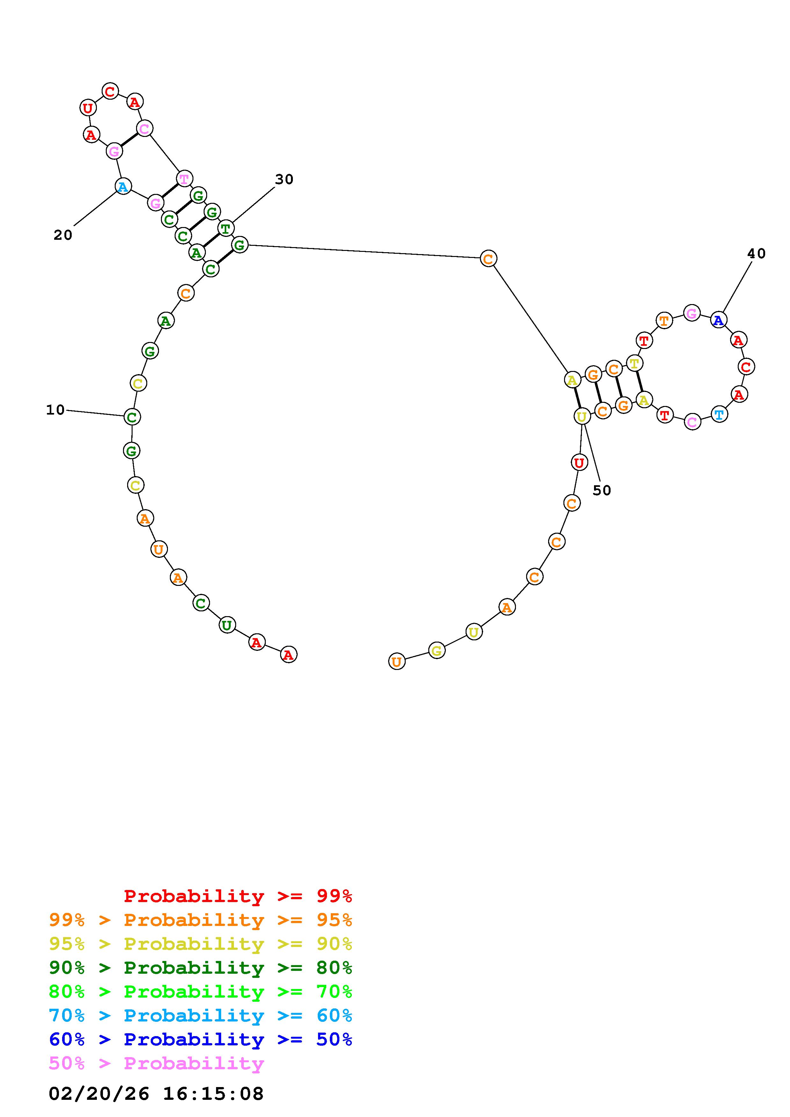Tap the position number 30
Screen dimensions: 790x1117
(284, 180)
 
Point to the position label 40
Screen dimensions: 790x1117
(757, 253)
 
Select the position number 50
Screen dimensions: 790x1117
(602, 490)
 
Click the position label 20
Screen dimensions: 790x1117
(63, 235)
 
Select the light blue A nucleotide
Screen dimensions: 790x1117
(123, 186)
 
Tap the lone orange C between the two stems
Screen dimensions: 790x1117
(488, 258)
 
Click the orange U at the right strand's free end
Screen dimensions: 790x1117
(397, 662)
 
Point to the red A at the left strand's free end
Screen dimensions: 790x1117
(289, 655)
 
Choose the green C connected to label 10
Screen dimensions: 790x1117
(132, 417)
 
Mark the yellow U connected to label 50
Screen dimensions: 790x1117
(582, 416)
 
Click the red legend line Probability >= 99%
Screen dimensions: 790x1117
(238, 896)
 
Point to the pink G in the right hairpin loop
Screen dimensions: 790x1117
(692, 313)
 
